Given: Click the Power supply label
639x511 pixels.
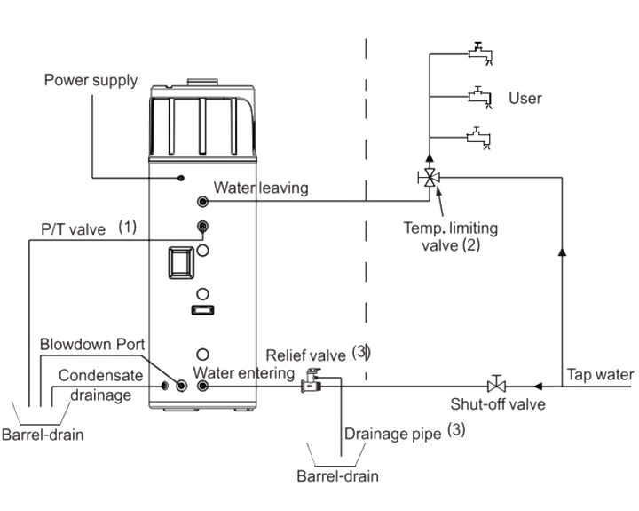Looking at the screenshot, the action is (x=91, y=80).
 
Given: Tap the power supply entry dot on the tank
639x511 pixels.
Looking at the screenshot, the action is (x=181, y=178).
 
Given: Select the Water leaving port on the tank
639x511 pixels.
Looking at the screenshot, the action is (x=202, y=201).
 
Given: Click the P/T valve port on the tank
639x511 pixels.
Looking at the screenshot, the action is (x=202, y=226).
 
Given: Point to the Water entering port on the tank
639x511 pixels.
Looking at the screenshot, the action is (x=202, y=386).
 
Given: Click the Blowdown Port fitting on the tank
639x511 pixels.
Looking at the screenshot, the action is (x=181, y=386).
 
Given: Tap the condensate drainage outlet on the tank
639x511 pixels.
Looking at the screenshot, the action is (x=165, y=386).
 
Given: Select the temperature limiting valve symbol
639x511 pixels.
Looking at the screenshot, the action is (x=430, y=177).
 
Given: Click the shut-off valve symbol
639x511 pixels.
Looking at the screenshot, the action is (x=496, y=385).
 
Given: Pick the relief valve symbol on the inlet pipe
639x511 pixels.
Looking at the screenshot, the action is (x=312, y=380).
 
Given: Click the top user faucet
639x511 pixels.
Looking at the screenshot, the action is (x=480, y=53).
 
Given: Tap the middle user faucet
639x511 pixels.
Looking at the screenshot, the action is (x=480, y=97).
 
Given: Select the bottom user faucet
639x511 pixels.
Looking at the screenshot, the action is (x=479, y=138).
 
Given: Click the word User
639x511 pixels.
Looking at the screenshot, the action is (x=525, y=99).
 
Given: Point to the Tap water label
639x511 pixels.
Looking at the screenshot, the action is (x=600, y=375).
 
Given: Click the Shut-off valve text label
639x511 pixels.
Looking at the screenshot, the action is (x=498, y=404).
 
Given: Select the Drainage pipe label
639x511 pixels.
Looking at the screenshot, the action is (x=392, y=434).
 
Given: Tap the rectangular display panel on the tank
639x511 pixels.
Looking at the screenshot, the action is (x=181, y=262).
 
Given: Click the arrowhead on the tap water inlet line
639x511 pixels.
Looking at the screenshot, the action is (x=538, y=386).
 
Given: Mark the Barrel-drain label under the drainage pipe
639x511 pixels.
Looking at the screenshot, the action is (x=337, y=476).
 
